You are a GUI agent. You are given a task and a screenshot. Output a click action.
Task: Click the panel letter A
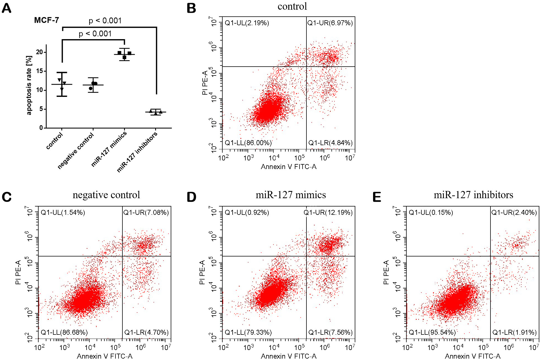click(7, 8)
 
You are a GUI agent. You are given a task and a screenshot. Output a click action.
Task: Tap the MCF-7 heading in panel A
click(47, 20)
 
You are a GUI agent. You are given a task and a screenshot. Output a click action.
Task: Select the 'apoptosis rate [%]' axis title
click(29, 85)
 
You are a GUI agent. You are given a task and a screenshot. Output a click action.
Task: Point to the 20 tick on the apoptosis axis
click(40, 52)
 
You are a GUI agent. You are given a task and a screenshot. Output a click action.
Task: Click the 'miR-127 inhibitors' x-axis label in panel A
click(137, 152)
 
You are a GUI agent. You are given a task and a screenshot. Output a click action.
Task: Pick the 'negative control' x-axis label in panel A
click(76, 151)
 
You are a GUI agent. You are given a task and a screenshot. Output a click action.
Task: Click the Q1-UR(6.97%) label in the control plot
click(330, 23)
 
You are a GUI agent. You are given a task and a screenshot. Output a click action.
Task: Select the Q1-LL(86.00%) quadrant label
click(248, 143)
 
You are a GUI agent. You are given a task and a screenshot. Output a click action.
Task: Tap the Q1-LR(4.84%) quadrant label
click(331, 143)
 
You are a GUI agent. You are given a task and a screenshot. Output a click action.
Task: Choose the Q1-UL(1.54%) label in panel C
click(63, 213)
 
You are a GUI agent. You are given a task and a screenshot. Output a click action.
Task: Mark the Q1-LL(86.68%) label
click(64, 333)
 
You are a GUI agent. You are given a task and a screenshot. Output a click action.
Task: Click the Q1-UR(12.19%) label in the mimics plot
click(328, 213)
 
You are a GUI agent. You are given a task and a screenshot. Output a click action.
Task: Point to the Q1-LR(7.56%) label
click(331, 333)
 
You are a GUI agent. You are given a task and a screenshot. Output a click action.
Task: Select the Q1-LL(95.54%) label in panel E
click(432, 333)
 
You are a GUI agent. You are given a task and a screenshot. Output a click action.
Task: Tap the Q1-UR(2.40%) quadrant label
click(514, 213)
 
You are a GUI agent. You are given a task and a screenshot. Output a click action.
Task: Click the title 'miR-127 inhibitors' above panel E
click(473, 195)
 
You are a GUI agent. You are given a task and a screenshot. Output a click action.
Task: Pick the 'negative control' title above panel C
click(106, 195)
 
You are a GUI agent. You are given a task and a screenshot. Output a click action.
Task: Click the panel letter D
click(192, 197)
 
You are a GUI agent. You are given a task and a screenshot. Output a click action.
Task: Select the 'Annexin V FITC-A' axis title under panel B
click(289, 167)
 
